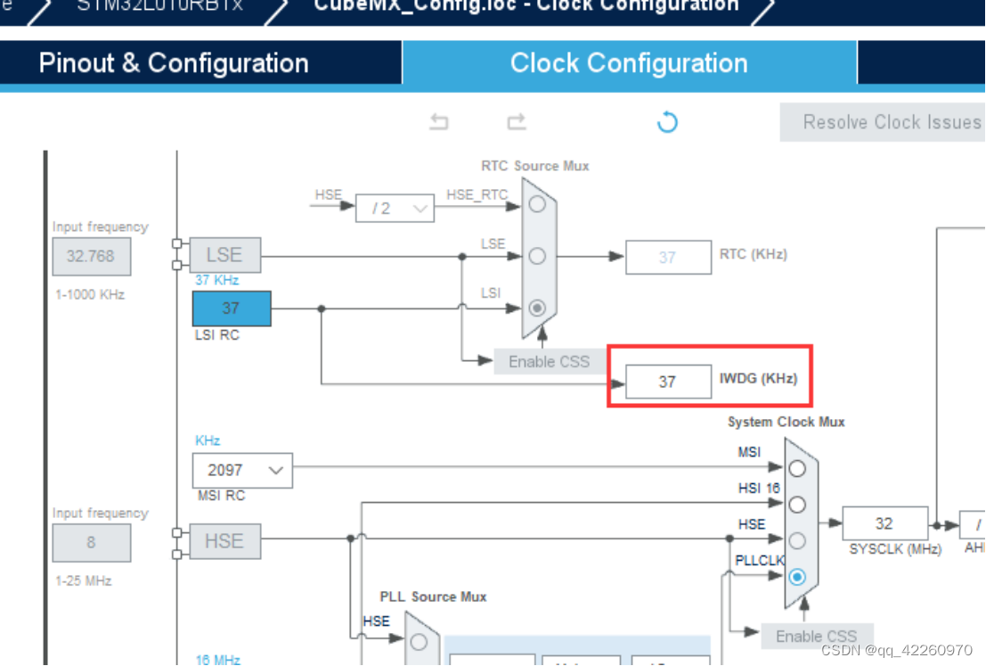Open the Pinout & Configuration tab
(174, 63)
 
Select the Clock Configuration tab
(629, 63)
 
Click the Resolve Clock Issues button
(883, 122)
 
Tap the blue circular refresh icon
(667, 122)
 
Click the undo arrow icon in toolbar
(439, 122)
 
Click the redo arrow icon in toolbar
(517, 122)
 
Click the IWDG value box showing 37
(667, 382)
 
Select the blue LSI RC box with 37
(231, 308)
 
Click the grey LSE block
(224, 255)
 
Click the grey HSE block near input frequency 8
(224, 541)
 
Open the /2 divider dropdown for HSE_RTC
(395, 209)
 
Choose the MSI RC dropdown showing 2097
(241, 470)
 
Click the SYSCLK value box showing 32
(884, 523)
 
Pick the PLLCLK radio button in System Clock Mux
(797, 577)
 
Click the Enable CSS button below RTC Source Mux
(549, 361)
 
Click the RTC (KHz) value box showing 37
(667, 258)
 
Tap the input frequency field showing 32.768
(91, 256)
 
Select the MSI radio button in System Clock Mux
(797, 468)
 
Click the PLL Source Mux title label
(433, 596)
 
